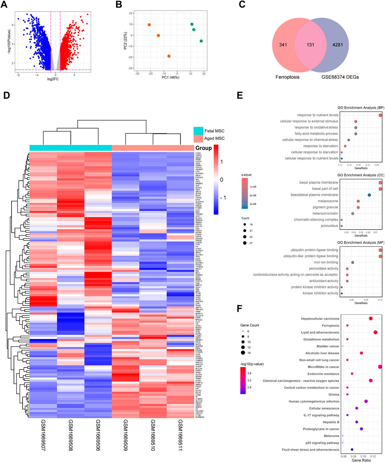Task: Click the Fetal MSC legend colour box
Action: (x=198, y=130)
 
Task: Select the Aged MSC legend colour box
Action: (x=198, y=138)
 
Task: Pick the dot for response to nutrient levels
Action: (x=380, y=115)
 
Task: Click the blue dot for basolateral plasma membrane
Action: (x=369, y=195)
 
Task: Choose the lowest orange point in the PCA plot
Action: (x=169, y=56)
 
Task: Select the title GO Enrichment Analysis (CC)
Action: (x=361, y=175)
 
